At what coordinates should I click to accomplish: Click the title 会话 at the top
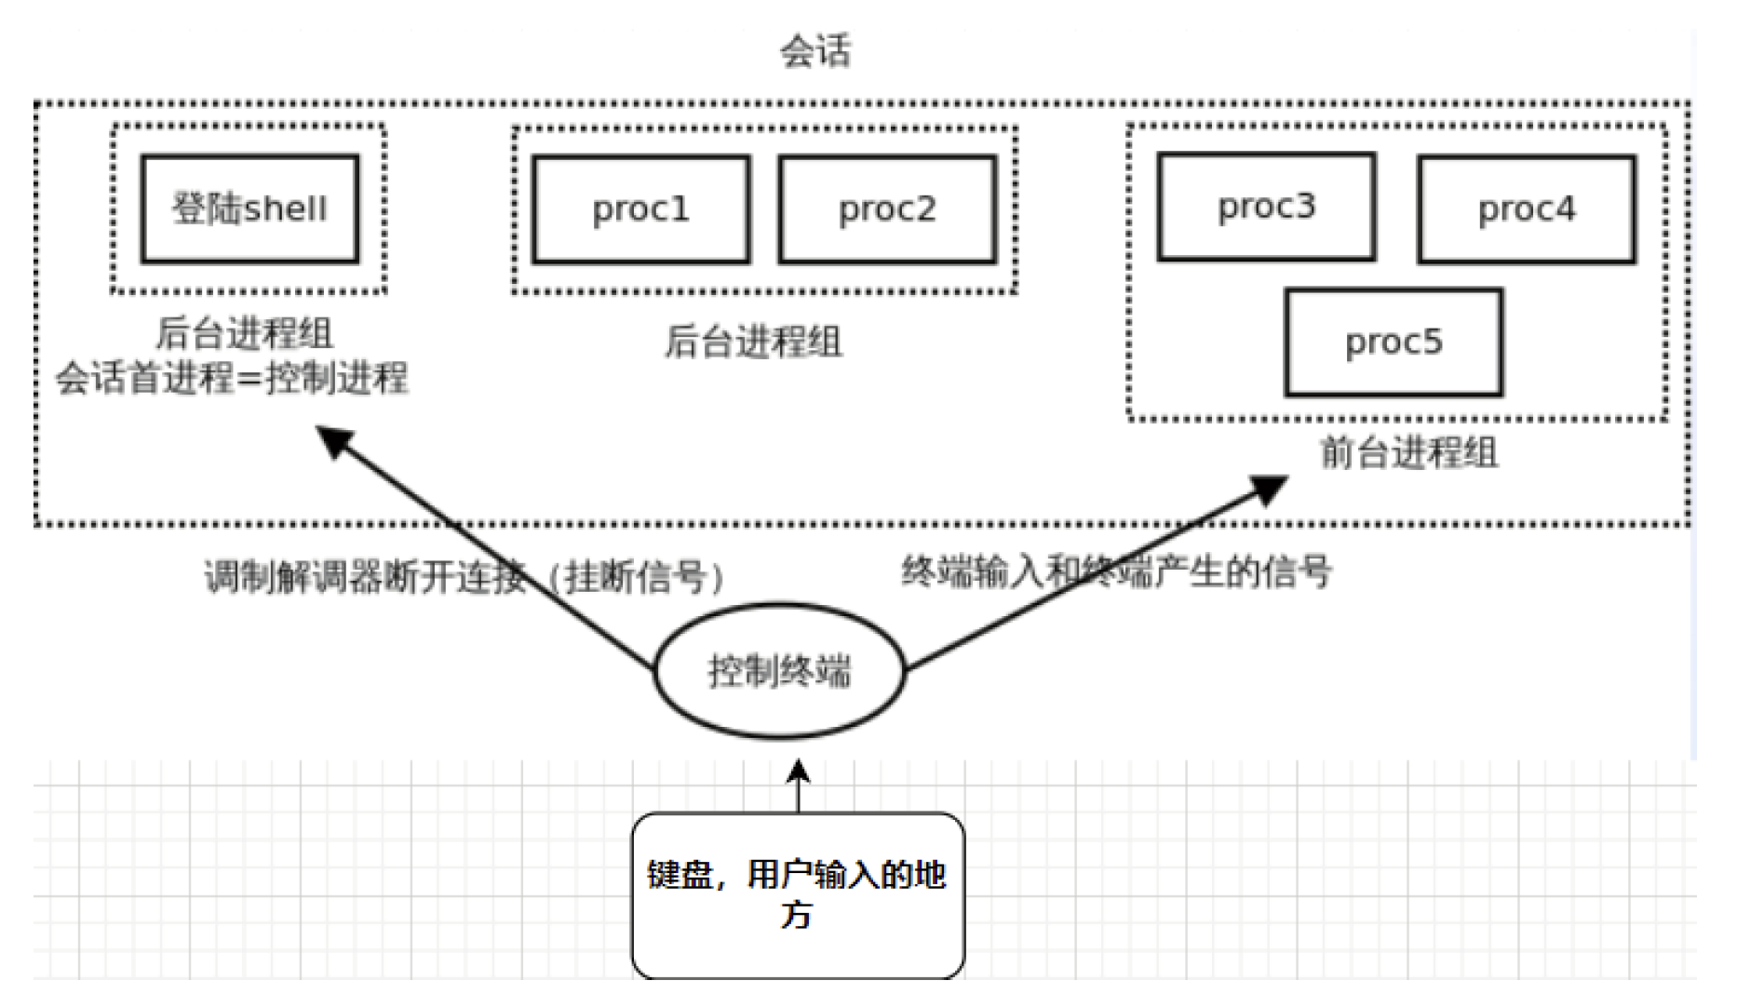(x=815, y=50)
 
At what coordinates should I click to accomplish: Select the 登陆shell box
(x=249, y=208)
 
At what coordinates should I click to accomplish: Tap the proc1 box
(x=640, y=209)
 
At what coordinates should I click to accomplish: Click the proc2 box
(x=887, y=209)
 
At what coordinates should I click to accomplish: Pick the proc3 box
(x=1266, y=206)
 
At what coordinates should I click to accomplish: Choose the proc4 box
(x=1527, y=209)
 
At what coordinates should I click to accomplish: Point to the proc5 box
(x=1394, y=342)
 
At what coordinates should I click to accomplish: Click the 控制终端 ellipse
(x=779, y=670)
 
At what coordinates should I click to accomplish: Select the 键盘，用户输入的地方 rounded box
(x=798, y=893)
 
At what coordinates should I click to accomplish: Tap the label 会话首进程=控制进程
(x=232, y=378)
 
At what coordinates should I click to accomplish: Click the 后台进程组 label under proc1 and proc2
(x=752, y=342)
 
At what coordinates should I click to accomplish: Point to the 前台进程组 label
(x=1408, y=453)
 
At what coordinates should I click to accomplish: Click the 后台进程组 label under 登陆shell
(x=244, y=333)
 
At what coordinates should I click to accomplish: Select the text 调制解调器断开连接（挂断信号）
(x=464, y=577)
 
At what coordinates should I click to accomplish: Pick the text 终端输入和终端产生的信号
(x=1116, y=571)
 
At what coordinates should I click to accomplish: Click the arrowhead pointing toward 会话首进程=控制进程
(x=334, y=440)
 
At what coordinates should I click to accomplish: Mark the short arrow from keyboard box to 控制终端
(x=798, y=786)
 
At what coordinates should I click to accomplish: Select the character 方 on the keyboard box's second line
(x=796, y=915)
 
